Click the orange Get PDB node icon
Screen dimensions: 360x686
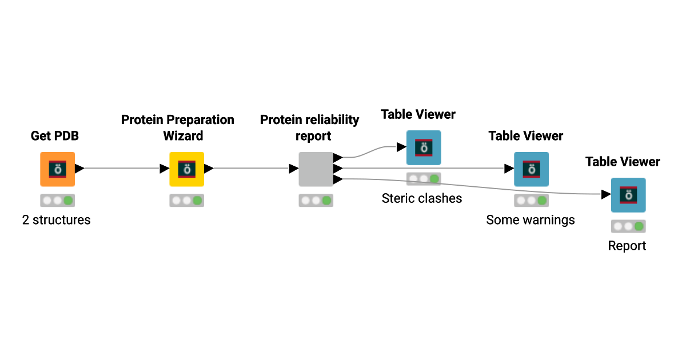coord(57,169)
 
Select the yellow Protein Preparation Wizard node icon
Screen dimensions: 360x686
coord(186,169)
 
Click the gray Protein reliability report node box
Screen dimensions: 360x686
coord(316,169)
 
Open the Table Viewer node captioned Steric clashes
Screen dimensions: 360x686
coord(424,147)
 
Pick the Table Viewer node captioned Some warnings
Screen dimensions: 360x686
coord(531,169)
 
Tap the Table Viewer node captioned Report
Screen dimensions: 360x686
coord(628,195)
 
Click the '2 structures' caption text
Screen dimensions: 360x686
coord(57,220)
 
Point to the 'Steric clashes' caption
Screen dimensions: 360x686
coord(422,198)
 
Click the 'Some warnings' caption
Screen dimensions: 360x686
coord(531,220)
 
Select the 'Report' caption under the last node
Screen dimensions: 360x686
coord(627,246)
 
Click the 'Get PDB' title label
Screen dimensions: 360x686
coord(54,136)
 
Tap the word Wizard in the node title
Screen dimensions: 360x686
coord(183,137)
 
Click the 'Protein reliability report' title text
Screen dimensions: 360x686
coord(310,128)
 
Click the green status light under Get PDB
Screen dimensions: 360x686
coord(68,201)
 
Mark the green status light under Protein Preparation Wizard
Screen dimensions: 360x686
coord(197,201)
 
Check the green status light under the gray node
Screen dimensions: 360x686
coord(326,201)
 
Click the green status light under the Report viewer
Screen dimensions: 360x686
coord(639,226)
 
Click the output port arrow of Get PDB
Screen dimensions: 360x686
coord(79,169)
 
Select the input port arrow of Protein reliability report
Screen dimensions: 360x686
coord(293,169)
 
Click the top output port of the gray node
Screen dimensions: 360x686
coord(338,157)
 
